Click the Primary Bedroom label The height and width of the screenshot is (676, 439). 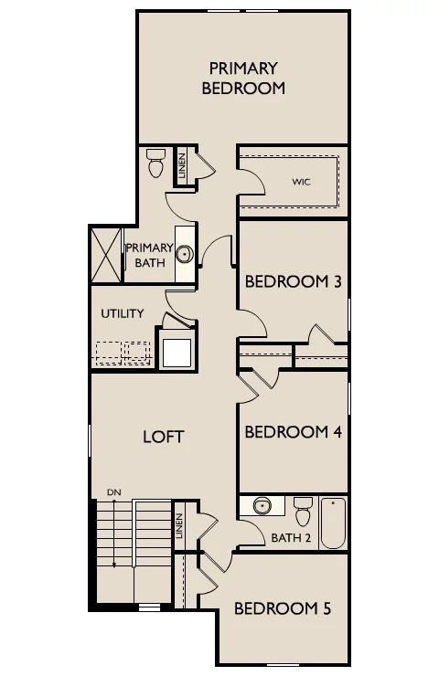tap(243, 78)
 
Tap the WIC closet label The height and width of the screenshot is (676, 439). tap(301, 182)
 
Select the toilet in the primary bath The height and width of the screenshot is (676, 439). tap(155, 163)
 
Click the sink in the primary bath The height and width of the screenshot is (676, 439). tap(185, 254)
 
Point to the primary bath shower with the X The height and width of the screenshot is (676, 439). tap(106, 255)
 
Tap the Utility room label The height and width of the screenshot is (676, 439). tap(123, 313)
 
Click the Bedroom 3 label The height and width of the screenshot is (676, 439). tap(293, 281)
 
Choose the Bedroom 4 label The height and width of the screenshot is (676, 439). tap(293, 431)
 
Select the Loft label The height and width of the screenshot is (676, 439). tap(163, 437)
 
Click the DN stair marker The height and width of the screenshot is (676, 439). tap(114, 491)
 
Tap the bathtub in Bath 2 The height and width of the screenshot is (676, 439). tap(333, 523)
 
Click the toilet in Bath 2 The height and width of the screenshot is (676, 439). tap(303, 512)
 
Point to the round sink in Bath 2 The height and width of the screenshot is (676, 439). tap(262, 506)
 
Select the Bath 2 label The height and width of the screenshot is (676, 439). tap(291, 538)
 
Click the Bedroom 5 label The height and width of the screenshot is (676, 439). tap(283, 608)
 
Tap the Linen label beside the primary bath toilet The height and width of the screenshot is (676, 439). tap(182, 165)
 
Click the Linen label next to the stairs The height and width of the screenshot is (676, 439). tap(179, 525)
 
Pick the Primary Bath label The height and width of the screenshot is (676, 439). tap(150, 255)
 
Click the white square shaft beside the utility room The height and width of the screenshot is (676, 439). tap(177, 354)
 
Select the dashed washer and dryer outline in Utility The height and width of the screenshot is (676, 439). tap(123, 354)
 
